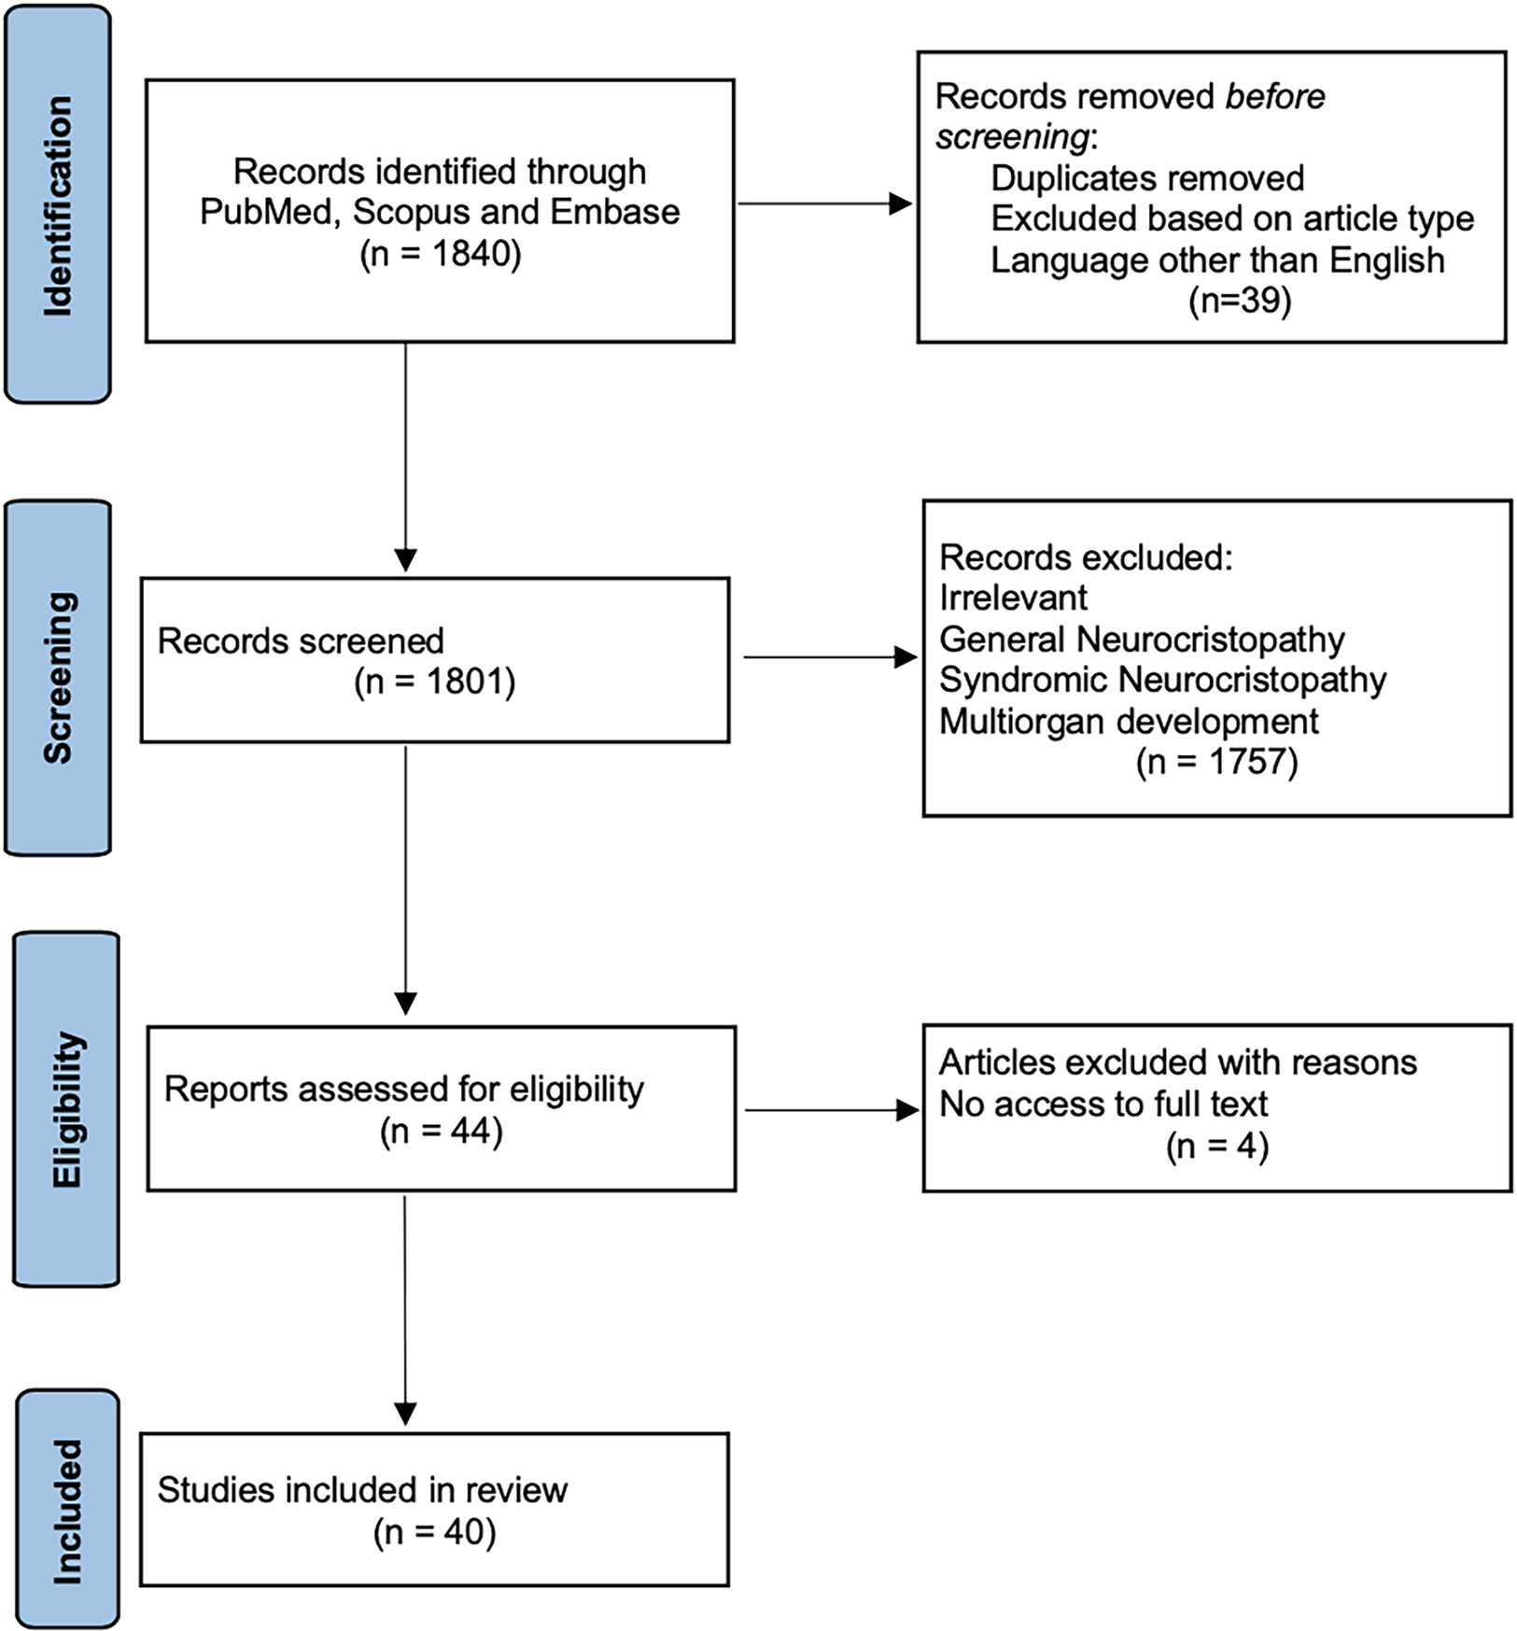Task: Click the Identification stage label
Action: pyautogui.click(x=58, y=205)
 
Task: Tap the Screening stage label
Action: pyautogui.click(x=58, y=678)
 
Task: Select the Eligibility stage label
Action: pyautogui.click(x=65, y=1109)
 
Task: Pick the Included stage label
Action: pyautogui.click(x=67, y=1511)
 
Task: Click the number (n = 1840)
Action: pyautogui.click(x=440, y=253)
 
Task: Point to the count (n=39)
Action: pyautogui.click(x=1240, y=301)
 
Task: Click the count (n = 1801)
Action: pyautogui.click(x=435, y=682)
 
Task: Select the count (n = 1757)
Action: pyautogui.click(x=1216, y=762)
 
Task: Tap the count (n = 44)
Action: pyautogui.click(x=441, y=1131)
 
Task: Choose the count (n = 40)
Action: pyautogui.click(x=435, y=1532)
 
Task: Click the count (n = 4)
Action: pyautogui.click(x=1216, y=1146)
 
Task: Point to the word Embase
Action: pyautogui.click(x=614, y=212)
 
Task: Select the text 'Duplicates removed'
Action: pyautogui.click(x=1147, y=177)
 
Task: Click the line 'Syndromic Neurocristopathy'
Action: pyautogui.click(x=1162, y=680)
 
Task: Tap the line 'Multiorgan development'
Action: pyautogui.click(x=1129, y=721)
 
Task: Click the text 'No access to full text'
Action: pyautogui.click(x=1103, y=1104)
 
